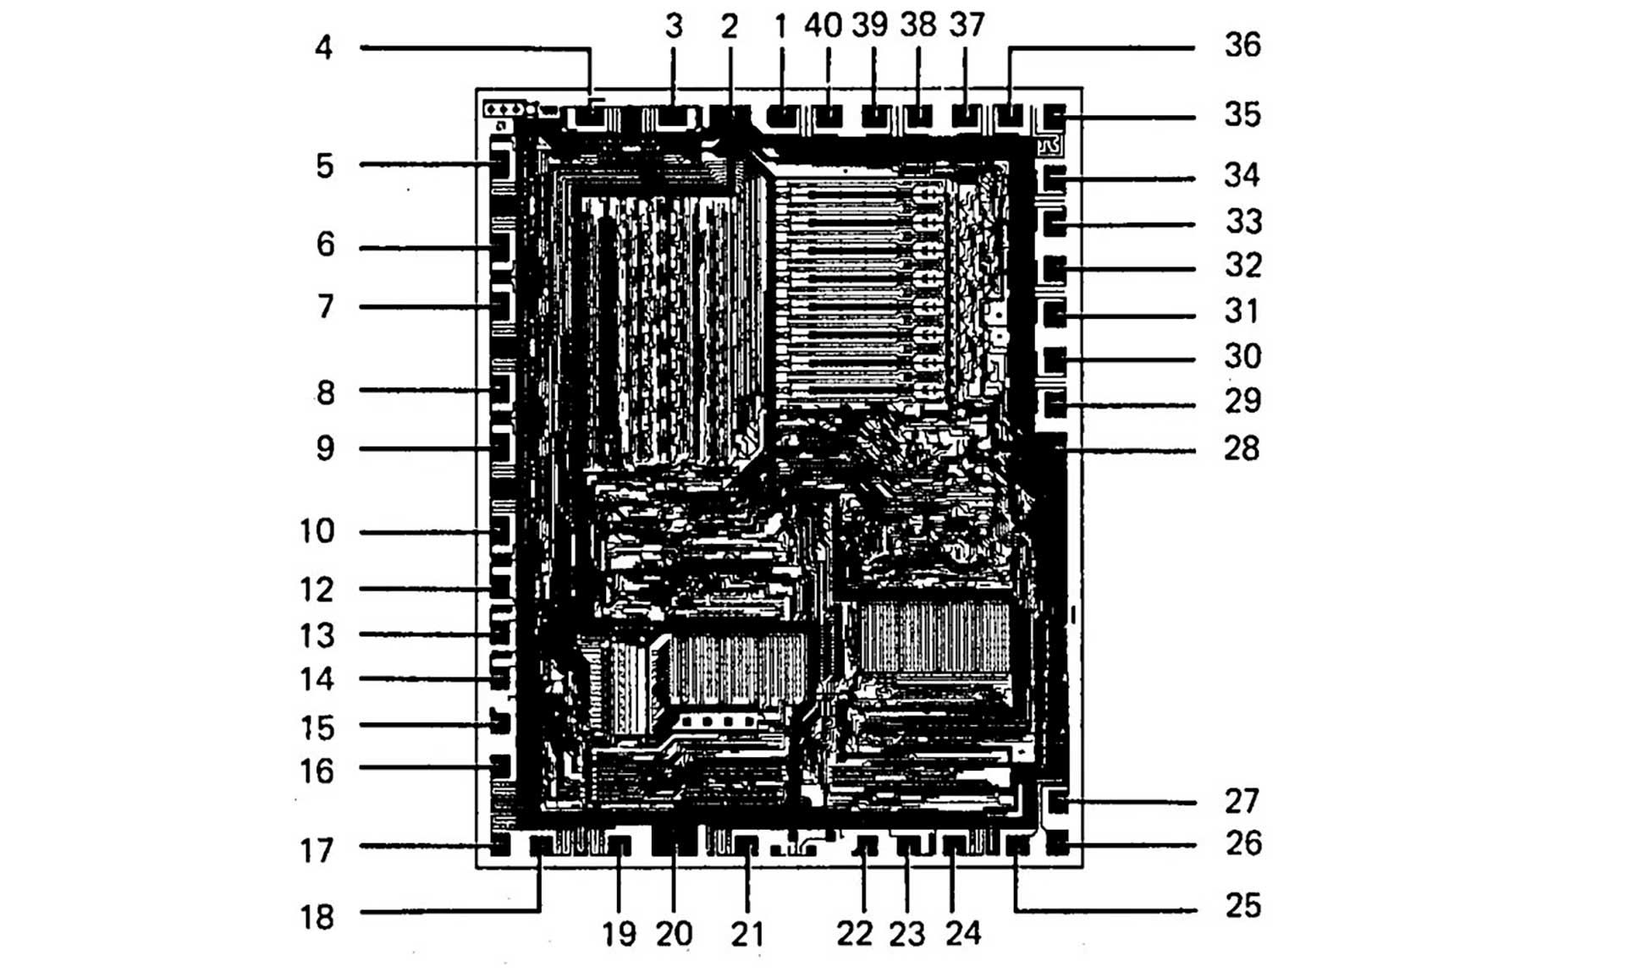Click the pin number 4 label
click(323, 47)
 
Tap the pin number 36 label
click(1242, 45)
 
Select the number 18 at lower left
click(317, 917)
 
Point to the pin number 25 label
click(1242, 906)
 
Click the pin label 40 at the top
click(823, 26)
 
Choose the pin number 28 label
click(1242, 448)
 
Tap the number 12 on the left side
click(317, 590)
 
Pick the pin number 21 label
click(747, 934)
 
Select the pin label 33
click(1243, 222)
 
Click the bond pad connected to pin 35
click(1055, 114)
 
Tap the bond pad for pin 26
click(1057, 843)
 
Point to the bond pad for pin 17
click(500, 844)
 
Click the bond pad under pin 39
click(874, 115)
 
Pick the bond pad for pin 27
click(1057, 799)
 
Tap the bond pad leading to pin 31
click(1055, 316)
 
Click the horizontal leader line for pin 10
click(423, 532)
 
